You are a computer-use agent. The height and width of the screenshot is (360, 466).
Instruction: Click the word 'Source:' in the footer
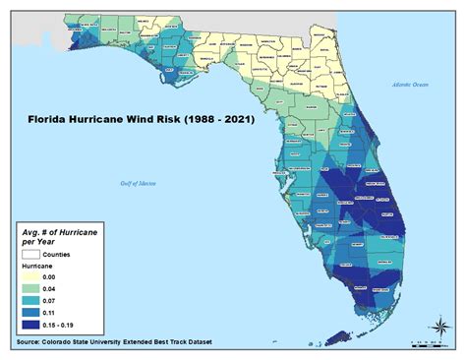click(31, 345)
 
